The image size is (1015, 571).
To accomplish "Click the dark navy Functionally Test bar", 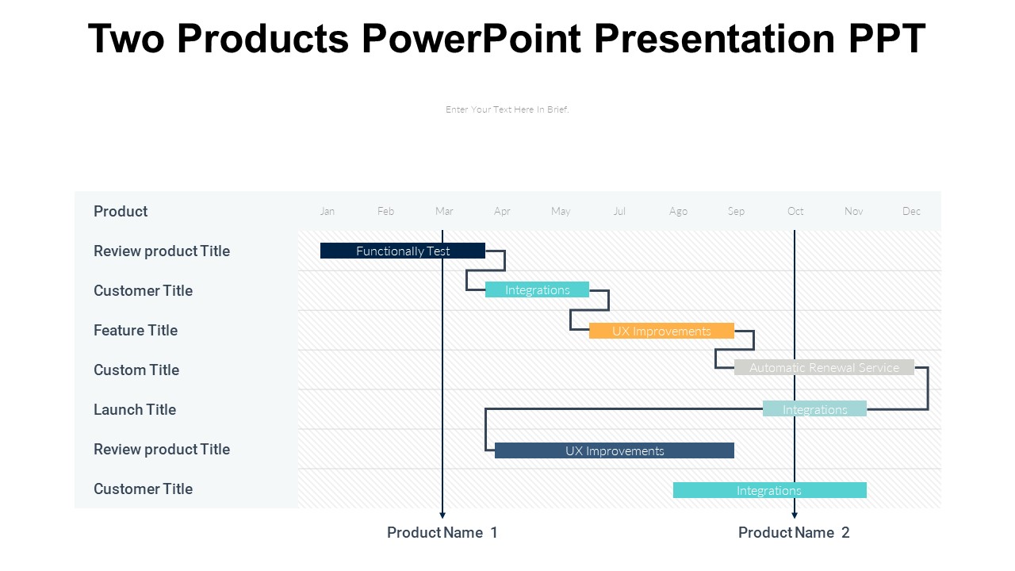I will (402, 251).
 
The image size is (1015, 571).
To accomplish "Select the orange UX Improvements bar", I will (661, 331).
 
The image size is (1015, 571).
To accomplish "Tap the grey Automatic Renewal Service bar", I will (824, 367).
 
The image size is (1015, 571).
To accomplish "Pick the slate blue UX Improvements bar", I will (614, 450).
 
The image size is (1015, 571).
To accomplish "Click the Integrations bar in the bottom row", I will (769, 490).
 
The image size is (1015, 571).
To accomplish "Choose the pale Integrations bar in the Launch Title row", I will (814, 408).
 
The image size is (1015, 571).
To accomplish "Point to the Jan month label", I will (327, 211).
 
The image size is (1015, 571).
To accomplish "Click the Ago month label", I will (678, 211).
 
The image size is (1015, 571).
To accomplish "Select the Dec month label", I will (911, 211).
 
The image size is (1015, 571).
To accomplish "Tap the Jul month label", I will (619, 211).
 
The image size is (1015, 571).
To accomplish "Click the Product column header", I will (121, 211).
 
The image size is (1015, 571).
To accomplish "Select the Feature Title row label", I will (136, 330).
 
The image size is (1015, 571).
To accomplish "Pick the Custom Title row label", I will (136, 370).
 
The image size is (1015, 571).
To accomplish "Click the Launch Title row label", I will (135, 409).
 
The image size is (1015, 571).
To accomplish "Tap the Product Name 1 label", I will (442, 532).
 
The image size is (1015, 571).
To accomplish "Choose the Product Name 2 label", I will (794, 532).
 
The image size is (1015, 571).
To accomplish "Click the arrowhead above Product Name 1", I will (442, 515).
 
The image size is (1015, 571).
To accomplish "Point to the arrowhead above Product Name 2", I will (795, 515).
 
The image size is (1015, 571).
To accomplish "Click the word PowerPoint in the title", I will (472, 38).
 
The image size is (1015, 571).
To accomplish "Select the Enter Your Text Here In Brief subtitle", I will (507, 109).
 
